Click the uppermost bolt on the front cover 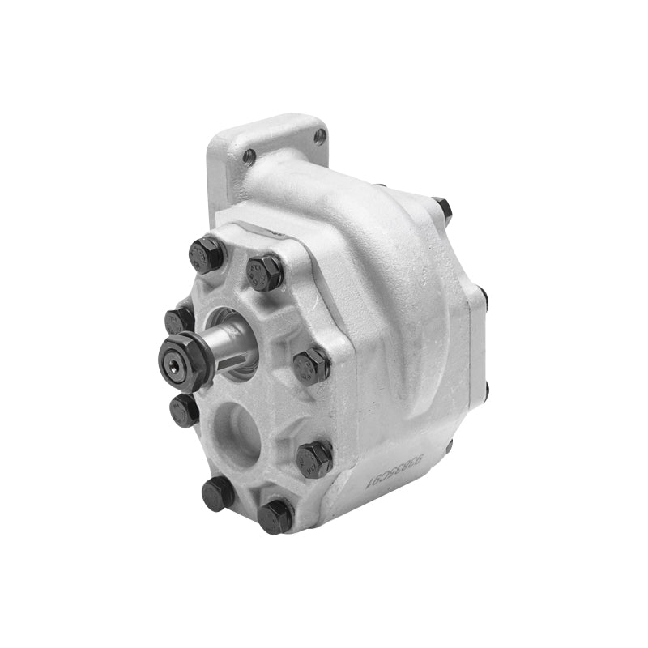click(206, 253)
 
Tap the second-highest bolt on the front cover click(264, 271)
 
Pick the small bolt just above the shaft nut click(178, 320)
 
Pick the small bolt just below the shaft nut click(185, 409)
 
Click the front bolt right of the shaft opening click(311, 364)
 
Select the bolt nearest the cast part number click(315, 458)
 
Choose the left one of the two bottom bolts click(218, 492)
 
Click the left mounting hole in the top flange click(249, 156)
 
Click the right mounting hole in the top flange click(319, 135)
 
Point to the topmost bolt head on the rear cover click(441, 208)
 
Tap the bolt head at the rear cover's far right click(484, 298)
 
